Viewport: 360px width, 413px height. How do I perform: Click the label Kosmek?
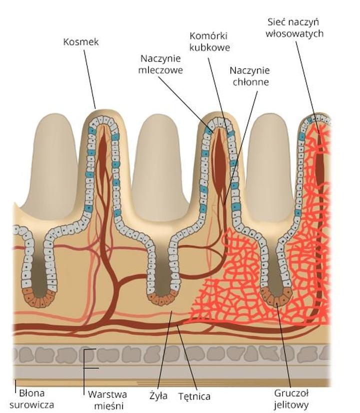click(x=81, y=42)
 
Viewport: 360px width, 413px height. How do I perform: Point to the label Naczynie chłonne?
click(x=249, y=75)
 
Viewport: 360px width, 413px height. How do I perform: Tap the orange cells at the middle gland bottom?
click(x=163, y=298)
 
